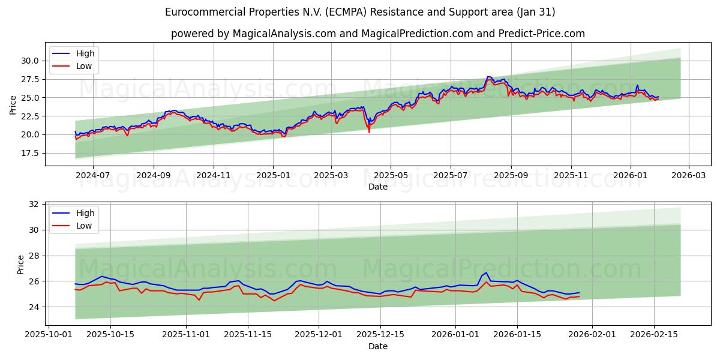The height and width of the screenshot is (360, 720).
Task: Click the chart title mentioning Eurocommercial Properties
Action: (360, 12)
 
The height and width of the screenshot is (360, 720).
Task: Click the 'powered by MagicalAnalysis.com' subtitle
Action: (378, 34)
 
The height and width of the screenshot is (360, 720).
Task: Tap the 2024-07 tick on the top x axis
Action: (93, 175)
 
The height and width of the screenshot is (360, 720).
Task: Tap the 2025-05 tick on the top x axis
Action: (391, 175)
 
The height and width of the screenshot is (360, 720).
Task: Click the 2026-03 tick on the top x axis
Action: (688, 175)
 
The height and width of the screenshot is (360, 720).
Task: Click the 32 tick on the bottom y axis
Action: (34, 204)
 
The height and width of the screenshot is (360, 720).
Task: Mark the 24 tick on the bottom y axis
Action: (34, 307)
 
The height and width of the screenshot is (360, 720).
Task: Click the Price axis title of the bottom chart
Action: (21, 265)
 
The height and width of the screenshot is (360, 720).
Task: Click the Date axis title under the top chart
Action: (378, 187)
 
